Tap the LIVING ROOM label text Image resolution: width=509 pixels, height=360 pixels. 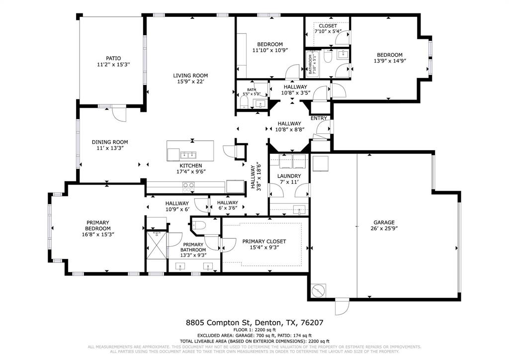point(189,76)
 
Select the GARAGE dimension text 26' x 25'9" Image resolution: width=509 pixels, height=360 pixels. point(384,229)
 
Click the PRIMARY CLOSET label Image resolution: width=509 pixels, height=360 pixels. point(264,242)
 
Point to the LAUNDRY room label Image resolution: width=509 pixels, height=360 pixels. point(289,176)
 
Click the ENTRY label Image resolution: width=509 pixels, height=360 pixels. point(319,118)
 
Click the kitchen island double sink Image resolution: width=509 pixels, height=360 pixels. point(188,155)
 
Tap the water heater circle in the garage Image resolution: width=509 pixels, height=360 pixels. point(318,290)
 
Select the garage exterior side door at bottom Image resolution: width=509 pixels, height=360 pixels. point(342,306)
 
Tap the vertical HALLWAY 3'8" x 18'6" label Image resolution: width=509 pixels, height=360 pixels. point(256,177)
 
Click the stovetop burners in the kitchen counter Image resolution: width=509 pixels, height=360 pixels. point(188,186)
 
